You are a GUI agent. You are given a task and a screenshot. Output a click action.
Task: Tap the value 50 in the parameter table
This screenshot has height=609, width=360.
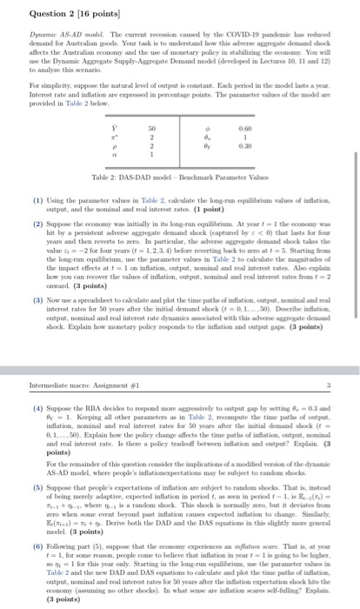(154, 129)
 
